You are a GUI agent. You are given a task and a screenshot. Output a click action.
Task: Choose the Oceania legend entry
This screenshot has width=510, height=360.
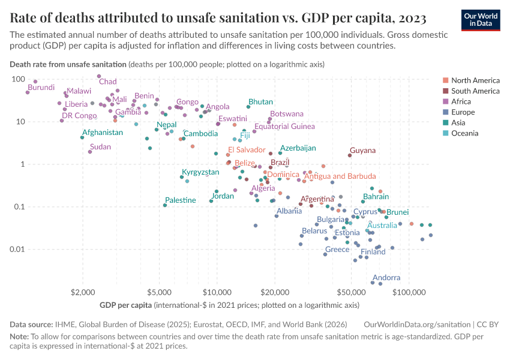pos(464,133)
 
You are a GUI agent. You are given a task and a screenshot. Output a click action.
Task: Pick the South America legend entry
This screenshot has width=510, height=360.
pos(475,91)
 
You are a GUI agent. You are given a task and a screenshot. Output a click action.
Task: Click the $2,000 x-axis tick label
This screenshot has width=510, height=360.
pos(83,292)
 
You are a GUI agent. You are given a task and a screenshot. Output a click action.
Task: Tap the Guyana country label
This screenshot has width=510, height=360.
pos(363,151)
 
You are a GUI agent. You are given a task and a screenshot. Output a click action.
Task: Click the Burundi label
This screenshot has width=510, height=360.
pos(41,88)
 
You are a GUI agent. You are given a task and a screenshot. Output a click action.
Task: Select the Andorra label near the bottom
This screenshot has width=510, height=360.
pos(386,278)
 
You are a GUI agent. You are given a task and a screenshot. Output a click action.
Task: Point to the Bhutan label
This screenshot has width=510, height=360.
pos(260,102)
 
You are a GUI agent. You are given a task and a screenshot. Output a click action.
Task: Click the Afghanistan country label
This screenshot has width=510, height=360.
pos(103,133)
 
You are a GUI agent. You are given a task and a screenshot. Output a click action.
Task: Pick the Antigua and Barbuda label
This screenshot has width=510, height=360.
pos(340,176)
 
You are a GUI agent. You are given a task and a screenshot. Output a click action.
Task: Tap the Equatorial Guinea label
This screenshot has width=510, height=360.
pos(284,127)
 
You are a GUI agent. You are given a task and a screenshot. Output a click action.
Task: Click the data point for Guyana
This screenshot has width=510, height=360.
pos(350,155)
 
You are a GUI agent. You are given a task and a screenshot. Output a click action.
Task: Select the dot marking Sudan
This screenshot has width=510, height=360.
pos(90,152)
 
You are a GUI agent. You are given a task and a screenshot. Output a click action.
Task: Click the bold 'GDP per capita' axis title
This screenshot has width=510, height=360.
pos(126,305)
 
